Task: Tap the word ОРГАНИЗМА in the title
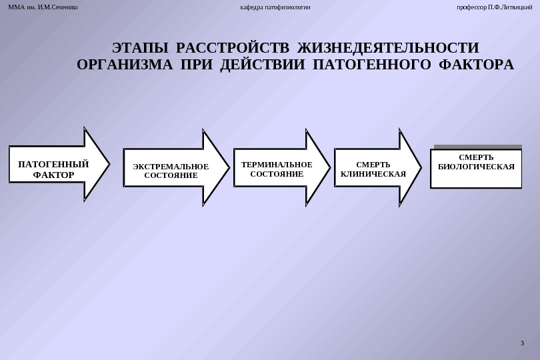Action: pos(125,65)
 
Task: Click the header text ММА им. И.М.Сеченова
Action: pos(43,7)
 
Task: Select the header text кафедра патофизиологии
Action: pos(275,7)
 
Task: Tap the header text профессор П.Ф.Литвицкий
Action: pos(494,7)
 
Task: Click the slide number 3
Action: pos(522,343)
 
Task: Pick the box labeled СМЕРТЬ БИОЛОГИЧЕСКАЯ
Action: pos(476,169)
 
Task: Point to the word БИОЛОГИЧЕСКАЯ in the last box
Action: pos(476,167)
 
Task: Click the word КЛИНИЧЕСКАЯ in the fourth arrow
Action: pos(373,174)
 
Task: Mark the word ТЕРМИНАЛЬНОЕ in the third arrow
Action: pos(277,165)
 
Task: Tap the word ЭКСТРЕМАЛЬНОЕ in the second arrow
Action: pos(171,167)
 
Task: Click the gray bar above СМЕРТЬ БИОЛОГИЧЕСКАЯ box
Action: pos(477,147)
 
